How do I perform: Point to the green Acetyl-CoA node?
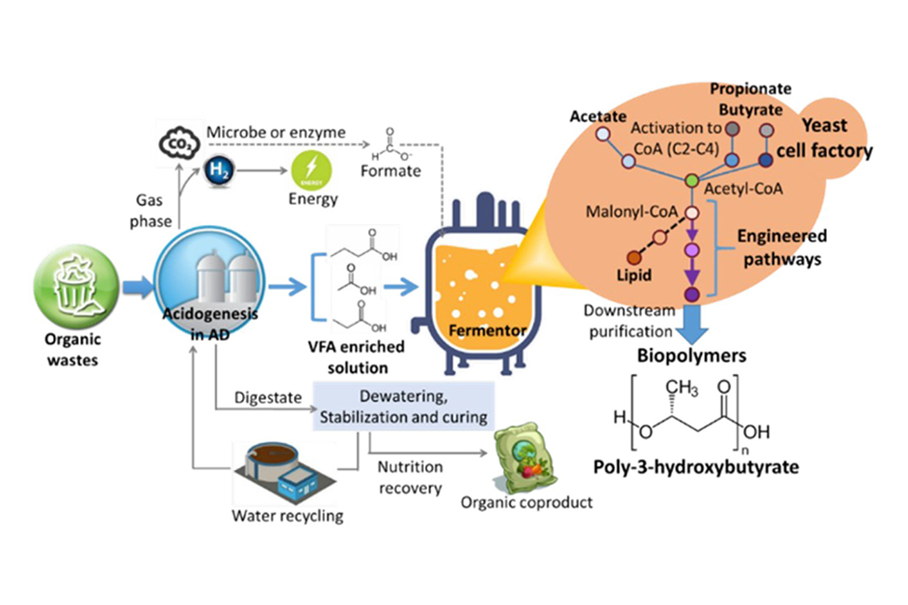691,179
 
